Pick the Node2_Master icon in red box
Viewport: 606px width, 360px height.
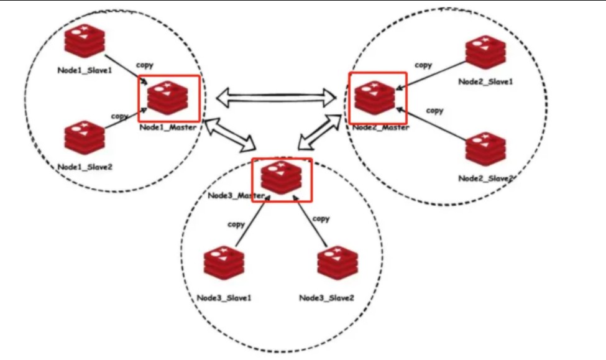[375, 98]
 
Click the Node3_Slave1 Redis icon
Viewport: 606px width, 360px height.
[224, 265]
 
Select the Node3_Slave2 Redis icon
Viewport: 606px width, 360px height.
[336, 265]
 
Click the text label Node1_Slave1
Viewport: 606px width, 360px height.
[83, 70]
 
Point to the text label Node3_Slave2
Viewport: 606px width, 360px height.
[326, 297]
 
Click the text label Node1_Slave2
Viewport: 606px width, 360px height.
[85, 167]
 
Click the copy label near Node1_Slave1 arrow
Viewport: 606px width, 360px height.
[145, 64]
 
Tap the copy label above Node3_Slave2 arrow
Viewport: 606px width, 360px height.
[321, 218]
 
